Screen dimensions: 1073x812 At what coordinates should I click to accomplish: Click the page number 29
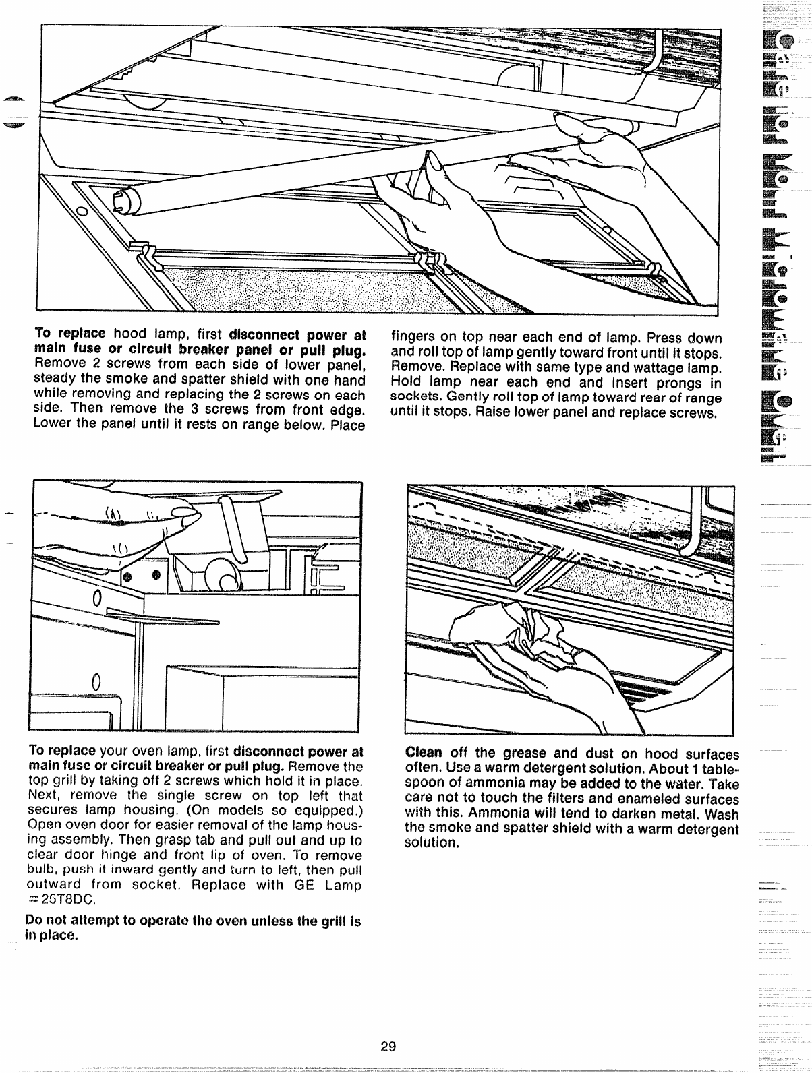[387, 1047]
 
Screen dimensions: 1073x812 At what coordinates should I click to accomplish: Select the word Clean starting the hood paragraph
[423, 753]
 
